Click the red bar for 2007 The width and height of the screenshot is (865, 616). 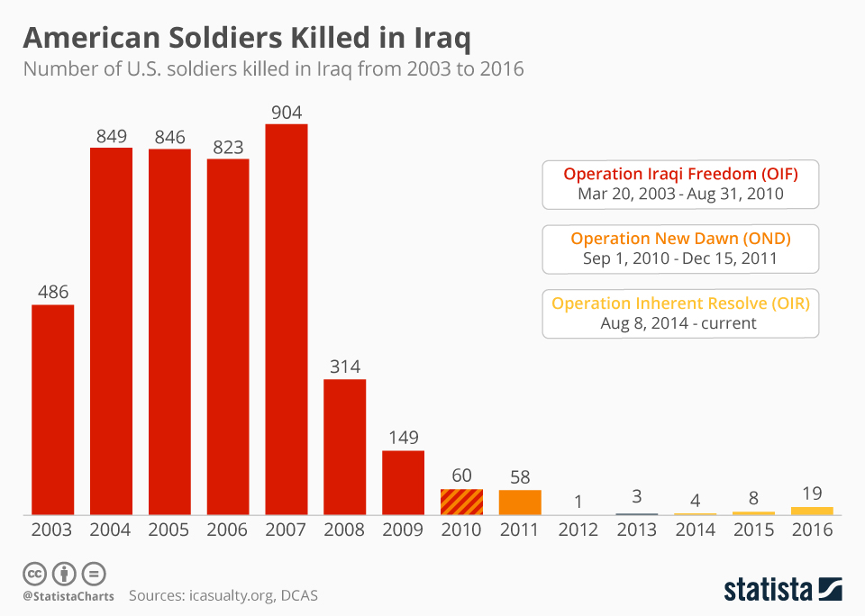tap(287, 319)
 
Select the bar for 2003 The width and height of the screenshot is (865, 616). tap(53, 410)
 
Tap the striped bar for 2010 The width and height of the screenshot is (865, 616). tap(461, 502)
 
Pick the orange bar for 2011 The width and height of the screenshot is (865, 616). tap(520, 503)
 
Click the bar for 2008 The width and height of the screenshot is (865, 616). tap(345, 447)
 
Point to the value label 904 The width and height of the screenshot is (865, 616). tap(287, 112)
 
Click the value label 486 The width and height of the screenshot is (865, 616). tap(53, 293)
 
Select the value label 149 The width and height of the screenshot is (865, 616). tap(403, 438)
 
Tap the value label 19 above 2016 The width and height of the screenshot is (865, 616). tap(812, 494)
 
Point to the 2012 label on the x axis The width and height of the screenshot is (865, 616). tap(578, 530)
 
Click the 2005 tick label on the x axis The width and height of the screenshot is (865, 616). tap(169, 530)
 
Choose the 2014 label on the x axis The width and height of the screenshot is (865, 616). tap(695, 530)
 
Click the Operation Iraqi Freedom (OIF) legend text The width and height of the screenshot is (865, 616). tap(680, 173)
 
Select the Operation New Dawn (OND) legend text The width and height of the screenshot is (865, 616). tap(680, 239)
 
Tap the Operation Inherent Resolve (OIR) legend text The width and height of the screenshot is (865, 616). tap(680, 303)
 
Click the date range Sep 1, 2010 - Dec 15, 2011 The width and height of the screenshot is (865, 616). tap(680, 259)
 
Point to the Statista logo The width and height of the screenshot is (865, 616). tap(783, 589)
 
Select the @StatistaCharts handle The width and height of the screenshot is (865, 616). tap(68, 595)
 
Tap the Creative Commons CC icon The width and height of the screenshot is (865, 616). tap(34, 573)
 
